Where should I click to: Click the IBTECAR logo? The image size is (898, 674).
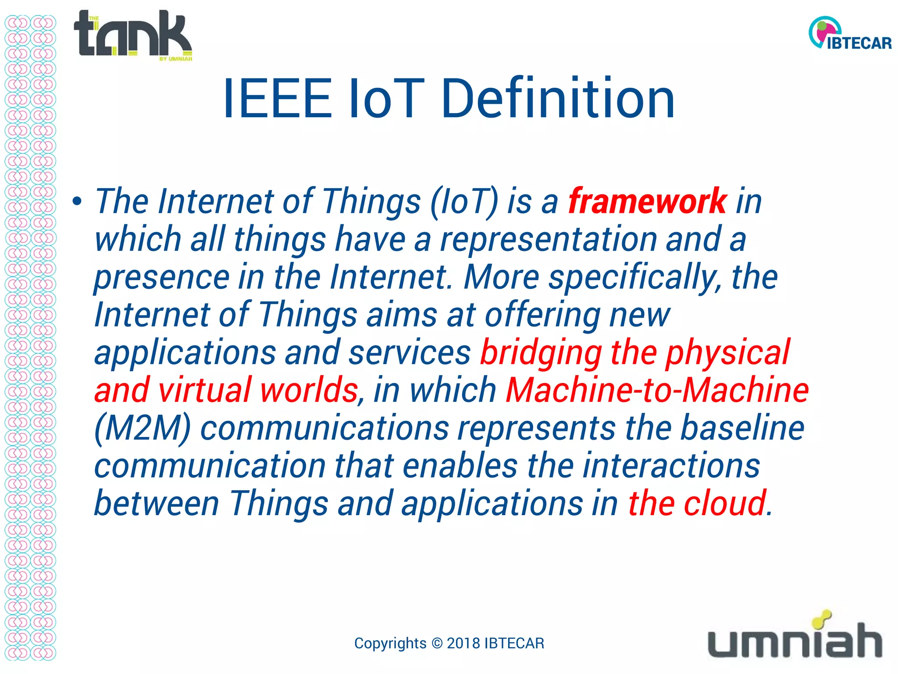849,34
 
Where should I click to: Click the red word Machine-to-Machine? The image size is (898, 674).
657,391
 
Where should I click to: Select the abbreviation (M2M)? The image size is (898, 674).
143,429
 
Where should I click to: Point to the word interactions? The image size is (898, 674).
671,466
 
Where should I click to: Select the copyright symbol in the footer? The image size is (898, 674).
437,643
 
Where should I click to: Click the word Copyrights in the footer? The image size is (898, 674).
390,643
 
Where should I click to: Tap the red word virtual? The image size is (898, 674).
205,391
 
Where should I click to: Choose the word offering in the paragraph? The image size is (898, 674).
542,315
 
